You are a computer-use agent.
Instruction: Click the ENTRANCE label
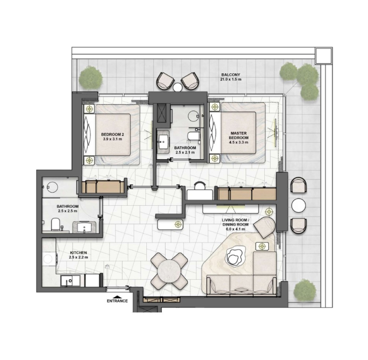point(117,301)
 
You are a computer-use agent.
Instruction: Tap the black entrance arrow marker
point(117,296)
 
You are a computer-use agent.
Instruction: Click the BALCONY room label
point(231,75)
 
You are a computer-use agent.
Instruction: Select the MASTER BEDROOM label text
point(239,136)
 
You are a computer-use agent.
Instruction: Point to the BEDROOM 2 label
point(112,134)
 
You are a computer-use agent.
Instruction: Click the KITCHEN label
point(78,253)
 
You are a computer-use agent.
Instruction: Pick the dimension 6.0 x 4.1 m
point(235,229)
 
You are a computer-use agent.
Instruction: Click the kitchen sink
point(68,281)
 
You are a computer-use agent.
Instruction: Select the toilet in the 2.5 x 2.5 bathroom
point(56,224)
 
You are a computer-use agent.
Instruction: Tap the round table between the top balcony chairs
point(178,87)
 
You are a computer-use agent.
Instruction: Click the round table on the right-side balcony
point(299,205)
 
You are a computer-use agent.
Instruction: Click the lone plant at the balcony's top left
point(91,78)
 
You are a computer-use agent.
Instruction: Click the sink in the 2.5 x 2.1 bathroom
point(163,141)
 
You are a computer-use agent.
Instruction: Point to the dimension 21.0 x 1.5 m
point(231,79)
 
